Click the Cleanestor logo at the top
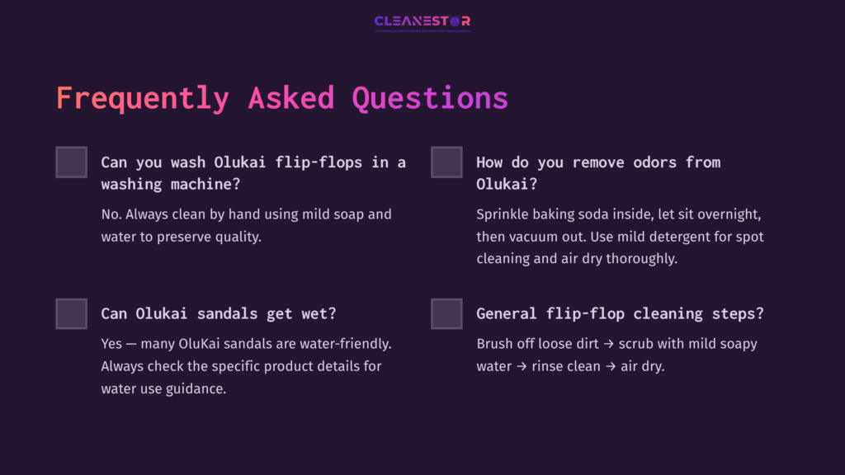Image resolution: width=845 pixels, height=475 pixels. coord(422,21)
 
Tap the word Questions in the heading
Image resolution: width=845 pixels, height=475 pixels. coord(429,97)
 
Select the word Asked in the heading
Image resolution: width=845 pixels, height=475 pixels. coord(290,97)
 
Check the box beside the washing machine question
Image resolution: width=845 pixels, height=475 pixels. coord(71,162)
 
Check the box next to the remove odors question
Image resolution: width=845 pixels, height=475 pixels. coord(446,162)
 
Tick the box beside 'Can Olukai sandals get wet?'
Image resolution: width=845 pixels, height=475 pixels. coord(71,313)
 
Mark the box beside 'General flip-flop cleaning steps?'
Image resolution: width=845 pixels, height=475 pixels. coord(446,313)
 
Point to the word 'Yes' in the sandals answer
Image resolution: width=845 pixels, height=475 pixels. coord(112,343)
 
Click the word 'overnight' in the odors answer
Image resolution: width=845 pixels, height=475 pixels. coord(727,214)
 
